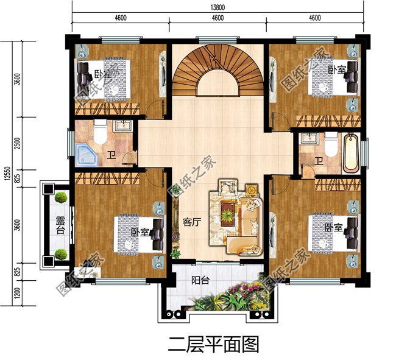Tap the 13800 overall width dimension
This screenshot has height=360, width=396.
tap(217, 5)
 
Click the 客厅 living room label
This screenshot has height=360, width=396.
tap(192, 222)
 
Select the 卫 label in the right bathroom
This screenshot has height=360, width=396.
tap(319, 161)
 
